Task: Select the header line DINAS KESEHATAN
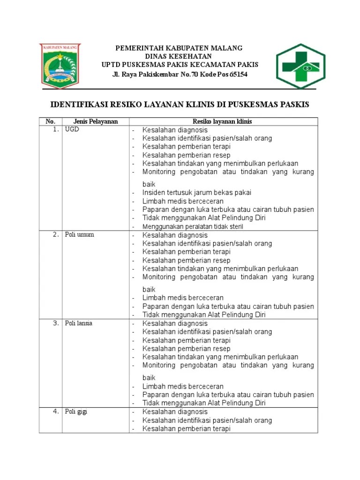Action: click(x=180, y=56)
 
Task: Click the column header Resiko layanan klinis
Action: click(x=223, y=121)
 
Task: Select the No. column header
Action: click(x=51, y=121)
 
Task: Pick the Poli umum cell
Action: click(x=79, y=235)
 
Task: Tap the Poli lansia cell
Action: click(x=79, y=323)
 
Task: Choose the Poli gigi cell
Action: click(x=76, y=412)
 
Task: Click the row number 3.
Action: click(x=55, y=323)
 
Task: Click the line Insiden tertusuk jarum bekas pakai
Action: click(x=196, y=193)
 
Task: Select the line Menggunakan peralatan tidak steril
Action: click(x=193, y=226)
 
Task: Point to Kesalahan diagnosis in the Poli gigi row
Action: click(x=175, y=412)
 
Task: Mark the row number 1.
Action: click(x=55, y=130)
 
